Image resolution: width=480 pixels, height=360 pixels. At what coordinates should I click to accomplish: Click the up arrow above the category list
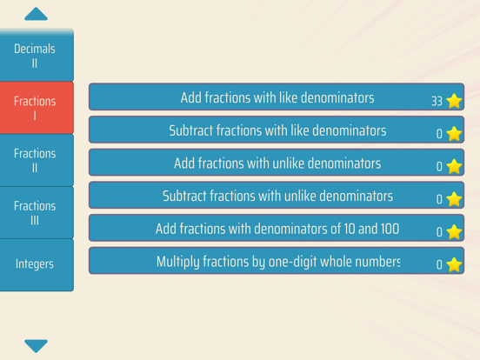click(36, 14)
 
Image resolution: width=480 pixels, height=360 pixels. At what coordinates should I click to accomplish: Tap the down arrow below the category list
click(36, 346)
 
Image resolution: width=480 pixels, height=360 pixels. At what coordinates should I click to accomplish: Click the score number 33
click(437, 102)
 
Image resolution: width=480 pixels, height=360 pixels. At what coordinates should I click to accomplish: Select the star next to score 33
click(454, 101)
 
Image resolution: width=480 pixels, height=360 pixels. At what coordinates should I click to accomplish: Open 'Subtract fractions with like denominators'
click(277, 130)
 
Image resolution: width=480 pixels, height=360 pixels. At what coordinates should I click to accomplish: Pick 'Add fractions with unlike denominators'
click(277, 163)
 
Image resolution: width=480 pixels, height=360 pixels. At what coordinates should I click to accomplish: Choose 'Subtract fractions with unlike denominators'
click(277, 195)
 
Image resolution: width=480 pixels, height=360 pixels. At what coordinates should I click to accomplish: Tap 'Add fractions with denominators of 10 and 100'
click(277, 228)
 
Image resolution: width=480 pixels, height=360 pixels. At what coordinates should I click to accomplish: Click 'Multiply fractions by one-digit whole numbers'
click(277, 261)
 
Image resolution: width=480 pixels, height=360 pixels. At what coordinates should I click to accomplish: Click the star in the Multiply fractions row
click(454, 264)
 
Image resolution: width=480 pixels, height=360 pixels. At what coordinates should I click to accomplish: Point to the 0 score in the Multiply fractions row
click(439, 265)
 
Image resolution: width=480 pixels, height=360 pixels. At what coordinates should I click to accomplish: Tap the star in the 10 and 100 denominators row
click(454, 231)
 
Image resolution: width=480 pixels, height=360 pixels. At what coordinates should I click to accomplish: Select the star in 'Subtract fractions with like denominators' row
click(454, 133)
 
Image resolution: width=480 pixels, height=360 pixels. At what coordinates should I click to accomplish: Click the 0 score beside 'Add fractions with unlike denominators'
click(439, 167)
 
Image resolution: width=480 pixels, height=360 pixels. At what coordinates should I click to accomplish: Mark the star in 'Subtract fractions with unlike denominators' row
click(454, 199)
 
